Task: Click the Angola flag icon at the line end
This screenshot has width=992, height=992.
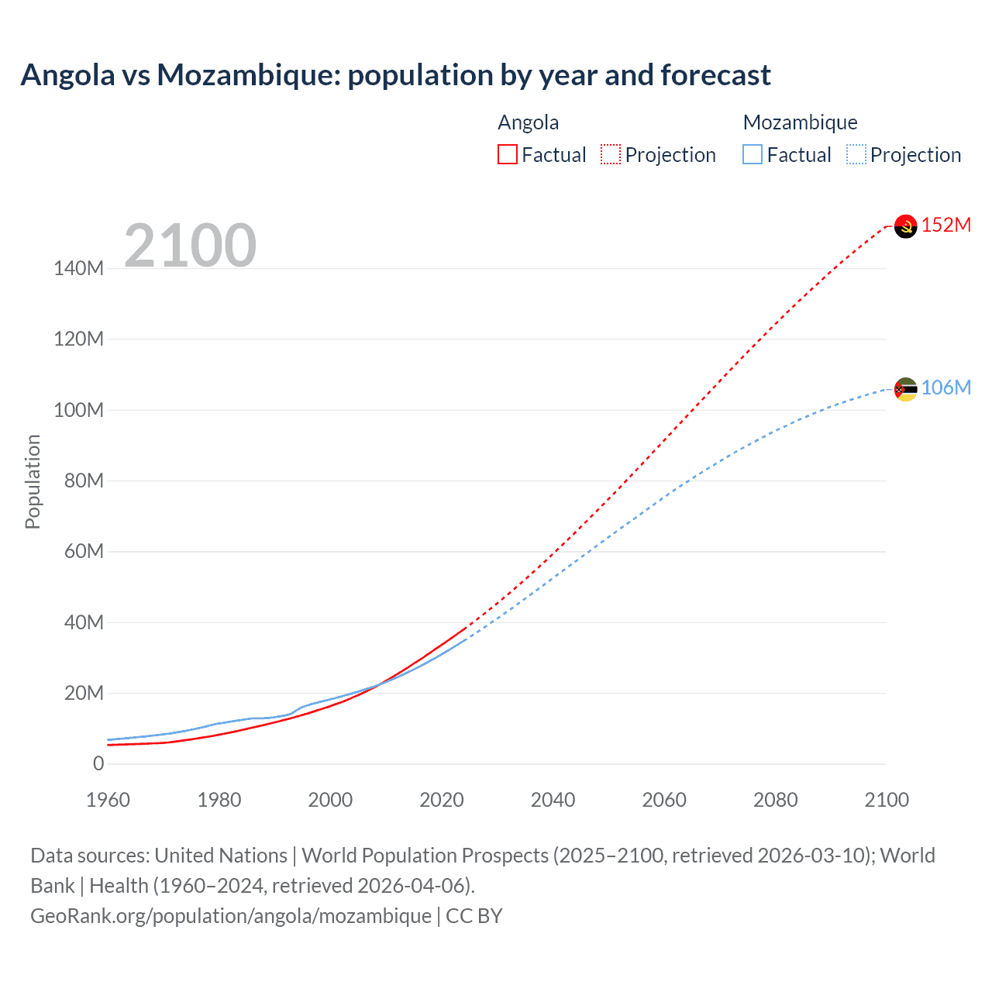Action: [905, 226]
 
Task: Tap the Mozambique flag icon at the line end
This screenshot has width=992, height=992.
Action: [905, 389]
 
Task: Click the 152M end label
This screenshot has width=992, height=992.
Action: [945, 225]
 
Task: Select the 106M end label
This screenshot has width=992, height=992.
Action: [945, 387]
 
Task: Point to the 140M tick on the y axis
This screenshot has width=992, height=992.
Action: [78, 269]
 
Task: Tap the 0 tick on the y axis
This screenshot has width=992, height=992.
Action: [98, 764]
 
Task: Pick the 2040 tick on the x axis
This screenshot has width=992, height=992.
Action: [553, 800]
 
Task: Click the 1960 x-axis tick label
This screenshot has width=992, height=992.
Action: [108, 800]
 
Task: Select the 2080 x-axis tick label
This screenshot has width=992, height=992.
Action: [775, 800]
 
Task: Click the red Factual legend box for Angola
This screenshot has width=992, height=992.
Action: [508, 154]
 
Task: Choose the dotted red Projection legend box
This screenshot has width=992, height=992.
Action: [611, 154]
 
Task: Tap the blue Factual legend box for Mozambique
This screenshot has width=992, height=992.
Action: [753, 154]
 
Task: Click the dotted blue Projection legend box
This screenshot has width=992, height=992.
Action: [856, 154]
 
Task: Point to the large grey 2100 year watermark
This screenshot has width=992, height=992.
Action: [190, 246]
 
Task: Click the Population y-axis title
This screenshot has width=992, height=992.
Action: [33, 481]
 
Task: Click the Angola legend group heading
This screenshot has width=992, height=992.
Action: [528, 122]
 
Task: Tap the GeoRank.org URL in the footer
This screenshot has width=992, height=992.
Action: [230, 916]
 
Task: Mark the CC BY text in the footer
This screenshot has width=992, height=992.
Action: [474, 916]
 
